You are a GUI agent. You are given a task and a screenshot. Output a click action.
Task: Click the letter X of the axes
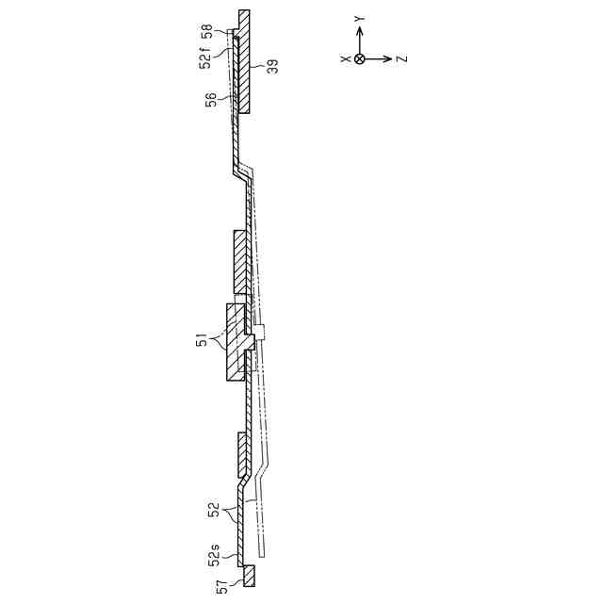click(x=346, y=58)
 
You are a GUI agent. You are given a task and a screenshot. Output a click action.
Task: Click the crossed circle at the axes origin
click(x=360, y=58)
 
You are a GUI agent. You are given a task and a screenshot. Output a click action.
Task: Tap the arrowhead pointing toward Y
click(x=360, y=29)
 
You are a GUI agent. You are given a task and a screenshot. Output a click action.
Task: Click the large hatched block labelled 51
click(x=235, y=341)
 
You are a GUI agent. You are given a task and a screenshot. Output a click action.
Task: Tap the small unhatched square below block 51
click(x=263, y=332)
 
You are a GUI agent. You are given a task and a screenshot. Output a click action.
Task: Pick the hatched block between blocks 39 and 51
click(x=240, y=261)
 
